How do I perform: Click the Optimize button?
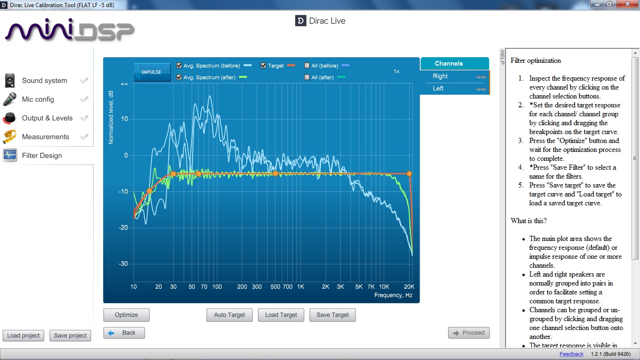[127, 315]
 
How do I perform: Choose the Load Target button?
[281, 315]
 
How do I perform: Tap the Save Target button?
[333, 315]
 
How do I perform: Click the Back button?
[124, 333]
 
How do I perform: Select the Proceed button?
[469, 333]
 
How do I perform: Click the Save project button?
[70, 336]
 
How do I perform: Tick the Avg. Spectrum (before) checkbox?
[179, 66]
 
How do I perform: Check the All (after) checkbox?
[307, 77]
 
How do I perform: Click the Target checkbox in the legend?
[264, 66]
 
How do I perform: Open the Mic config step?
[38, 99]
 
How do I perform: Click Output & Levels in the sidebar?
[47, 118]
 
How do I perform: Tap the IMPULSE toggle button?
[152, 72]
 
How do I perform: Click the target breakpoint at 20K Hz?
[409, 173]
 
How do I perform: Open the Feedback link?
[572, 354]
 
